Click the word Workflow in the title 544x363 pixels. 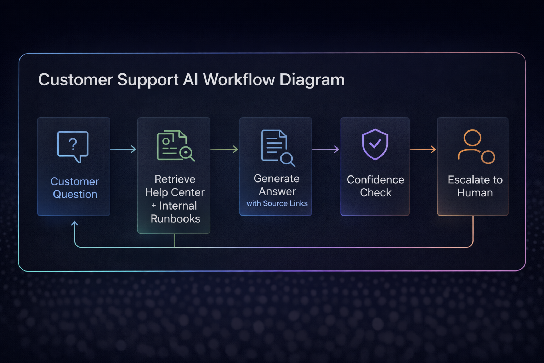pyautogui.click(x=239, y=80)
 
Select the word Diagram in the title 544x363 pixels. pyautogui.click(x=312, y=80)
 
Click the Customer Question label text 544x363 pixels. pyautogui.click(x=75, y=188)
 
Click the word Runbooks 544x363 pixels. pyautogui.click(x=175, y=219)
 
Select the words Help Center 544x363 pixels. pyautogui.click(x=175, y=192)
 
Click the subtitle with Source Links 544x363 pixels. pyautogui.click(x=277, y=203)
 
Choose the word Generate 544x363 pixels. pyautogui.click(x=277, y=179)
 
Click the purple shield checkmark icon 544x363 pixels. pyautogui.click(x=375, y=144)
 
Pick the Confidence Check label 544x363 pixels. pyautogui.click(x=375, y=186)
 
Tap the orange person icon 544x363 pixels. pyautogui.click(x=476, y=146)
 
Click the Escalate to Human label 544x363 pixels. pyautogui.click(x=475, y=186)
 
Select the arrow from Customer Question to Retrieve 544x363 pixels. pyautogui.click(x=123, y=149)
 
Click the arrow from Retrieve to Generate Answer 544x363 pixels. pyautogui.click(x=225, y=149)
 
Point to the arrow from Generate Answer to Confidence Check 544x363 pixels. pyautogui.click(x=326, y=149)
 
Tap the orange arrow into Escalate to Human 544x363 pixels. pyautogui.click(x=423, y=150)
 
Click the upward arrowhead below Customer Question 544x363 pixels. pyautogui.click(x=75, y=224)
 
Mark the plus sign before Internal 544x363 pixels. pyautogui.click(x=154, y=206)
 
